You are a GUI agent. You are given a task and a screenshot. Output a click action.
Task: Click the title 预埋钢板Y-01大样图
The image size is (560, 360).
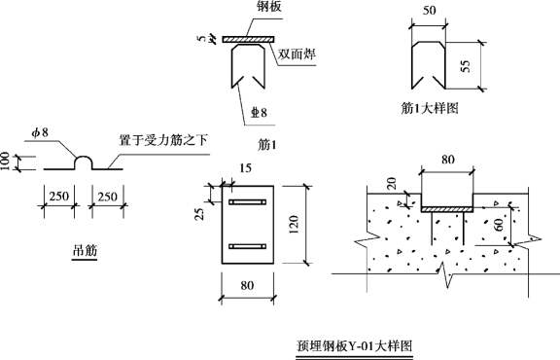[355, 345]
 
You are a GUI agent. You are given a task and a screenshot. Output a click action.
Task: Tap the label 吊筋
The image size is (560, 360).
[85, 250]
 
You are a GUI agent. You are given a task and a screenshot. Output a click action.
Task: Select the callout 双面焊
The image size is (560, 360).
[297, 54]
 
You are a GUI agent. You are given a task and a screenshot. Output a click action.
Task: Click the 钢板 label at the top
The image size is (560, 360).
[269, 7]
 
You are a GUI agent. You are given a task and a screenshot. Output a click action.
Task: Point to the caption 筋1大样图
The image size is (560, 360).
[430, 108]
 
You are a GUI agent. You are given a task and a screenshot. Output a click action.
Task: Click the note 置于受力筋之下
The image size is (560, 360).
[163, 140]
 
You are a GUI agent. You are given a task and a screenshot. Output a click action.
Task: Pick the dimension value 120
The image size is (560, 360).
[294, 225]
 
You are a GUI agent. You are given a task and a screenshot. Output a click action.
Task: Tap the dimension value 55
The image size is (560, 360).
[466, 66]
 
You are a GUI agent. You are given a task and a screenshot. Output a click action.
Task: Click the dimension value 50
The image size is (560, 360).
[430, 11]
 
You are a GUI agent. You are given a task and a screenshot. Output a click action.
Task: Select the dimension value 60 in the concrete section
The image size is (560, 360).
[500, 225]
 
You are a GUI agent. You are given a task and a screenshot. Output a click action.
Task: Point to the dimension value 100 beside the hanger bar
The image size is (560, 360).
[5, 162]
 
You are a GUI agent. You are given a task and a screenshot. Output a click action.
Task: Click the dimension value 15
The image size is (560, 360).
[245, 167]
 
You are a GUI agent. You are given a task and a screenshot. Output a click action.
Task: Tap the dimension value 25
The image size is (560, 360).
[200, 214]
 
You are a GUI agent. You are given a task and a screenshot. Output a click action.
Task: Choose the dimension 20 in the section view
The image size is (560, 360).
[392, 183]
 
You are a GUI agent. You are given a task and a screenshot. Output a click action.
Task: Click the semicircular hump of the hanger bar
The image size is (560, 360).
[84, 158]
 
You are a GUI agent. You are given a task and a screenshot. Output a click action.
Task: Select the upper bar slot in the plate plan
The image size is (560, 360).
[248, 202]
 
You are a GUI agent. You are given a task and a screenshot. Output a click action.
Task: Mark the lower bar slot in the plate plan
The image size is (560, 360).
[248, 247]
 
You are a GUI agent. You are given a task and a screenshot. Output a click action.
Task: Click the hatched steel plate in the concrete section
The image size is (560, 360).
[447, 209]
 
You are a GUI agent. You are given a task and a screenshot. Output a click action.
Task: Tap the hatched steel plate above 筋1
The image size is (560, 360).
[248, 39]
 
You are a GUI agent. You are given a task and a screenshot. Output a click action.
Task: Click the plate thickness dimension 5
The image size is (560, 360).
[202, 38]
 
